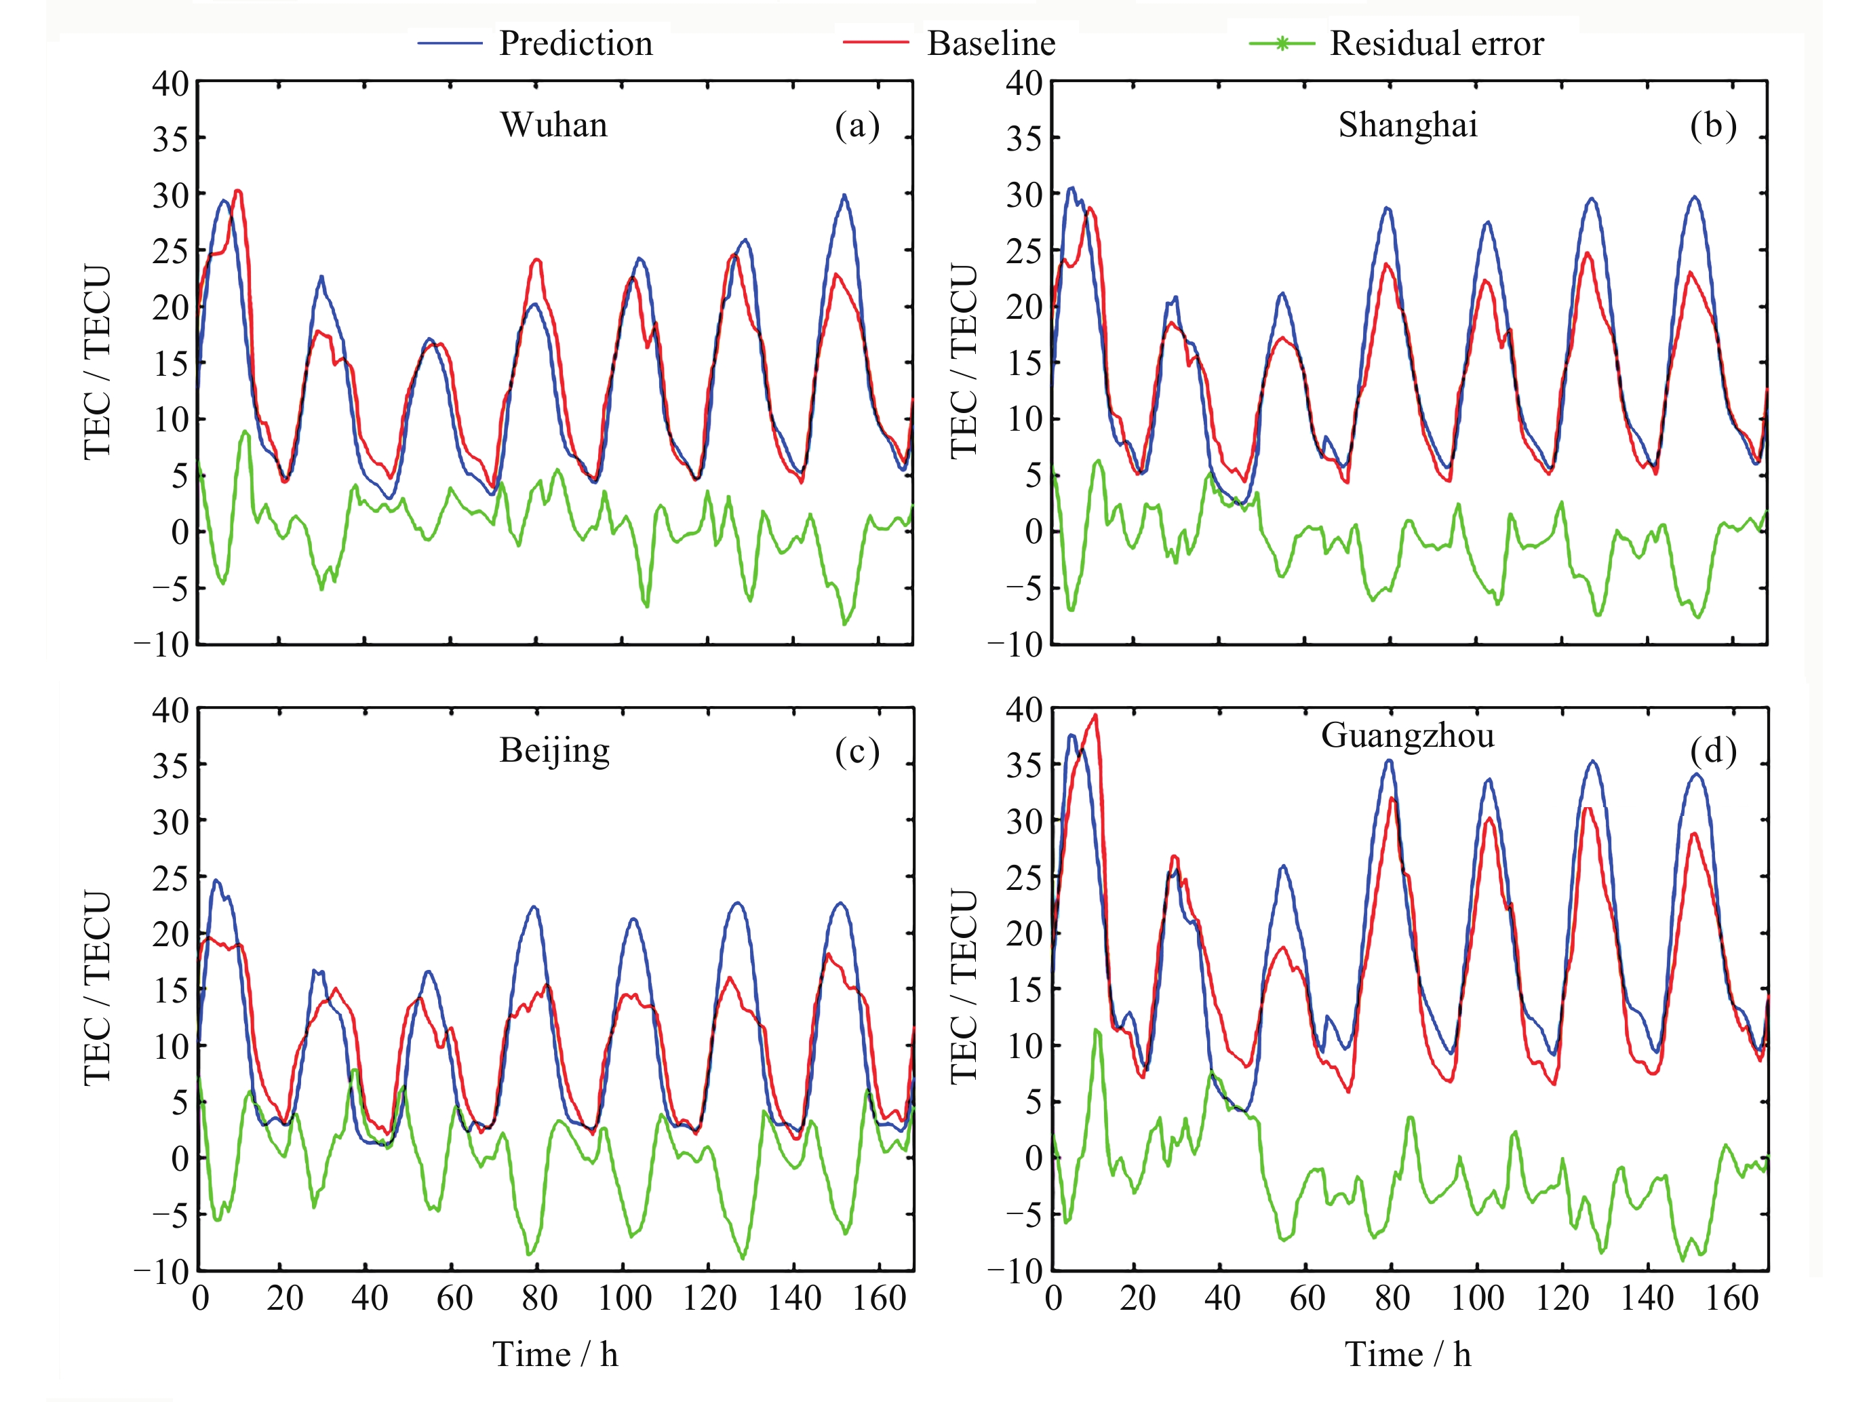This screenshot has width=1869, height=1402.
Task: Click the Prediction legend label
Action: (575, 43)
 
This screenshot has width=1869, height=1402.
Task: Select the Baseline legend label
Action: (991, 43)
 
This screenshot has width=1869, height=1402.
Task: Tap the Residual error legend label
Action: (1436, 43)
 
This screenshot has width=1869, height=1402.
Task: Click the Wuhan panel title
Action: (553, 125)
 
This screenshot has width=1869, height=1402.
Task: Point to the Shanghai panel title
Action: (1408, 125)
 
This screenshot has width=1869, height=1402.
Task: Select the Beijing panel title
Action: (553, 750)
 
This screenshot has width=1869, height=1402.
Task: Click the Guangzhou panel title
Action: (1408, 735)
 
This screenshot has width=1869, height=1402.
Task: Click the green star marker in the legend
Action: (1282, 43)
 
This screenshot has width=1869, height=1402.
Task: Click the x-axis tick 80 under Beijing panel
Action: (539, 1298)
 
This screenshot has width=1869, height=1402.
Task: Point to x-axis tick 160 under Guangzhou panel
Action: (1731, 1298)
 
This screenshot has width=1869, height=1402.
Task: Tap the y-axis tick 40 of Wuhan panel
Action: (170, 83)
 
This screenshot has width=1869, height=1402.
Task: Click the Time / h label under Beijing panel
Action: (555, 1355)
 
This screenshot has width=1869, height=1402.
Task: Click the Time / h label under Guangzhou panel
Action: (1408, 1355)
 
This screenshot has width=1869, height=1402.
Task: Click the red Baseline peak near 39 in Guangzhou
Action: (1095, 715)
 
